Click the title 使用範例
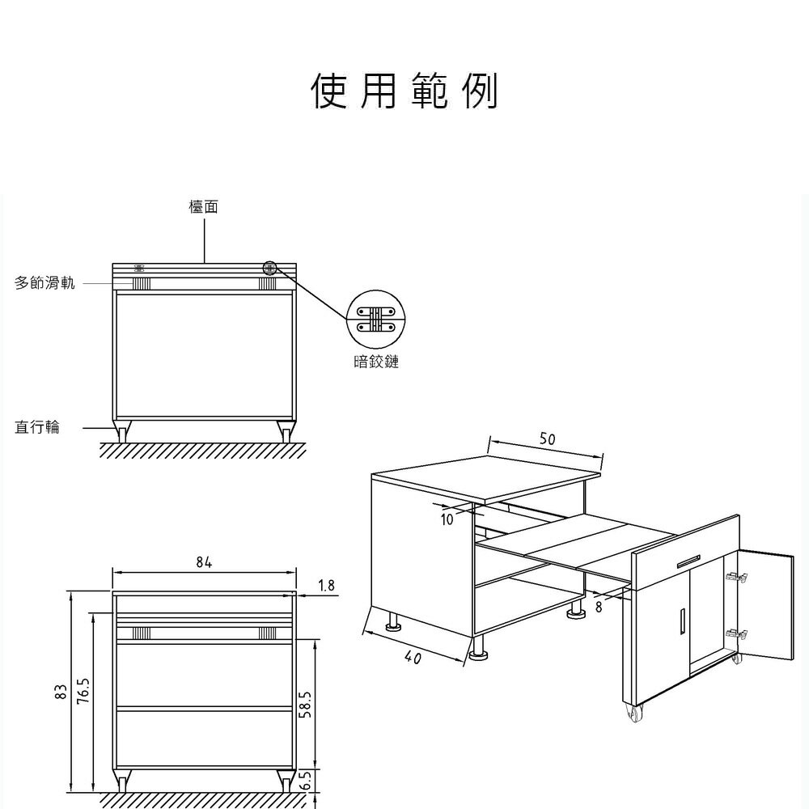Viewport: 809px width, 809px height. [x=404, y=91]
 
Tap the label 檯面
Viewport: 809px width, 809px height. [x=204, y=207]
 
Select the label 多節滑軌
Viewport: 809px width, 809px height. [x=44, y=282]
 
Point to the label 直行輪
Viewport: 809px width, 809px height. [x=37, y=427]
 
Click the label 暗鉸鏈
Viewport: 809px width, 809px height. [x=376, y=361]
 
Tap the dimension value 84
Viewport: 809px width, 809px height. [x=204, y=562]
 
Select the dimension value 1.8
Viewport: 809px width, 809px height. [x=326, y=585]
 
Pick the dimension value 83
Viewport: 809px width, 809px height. [x=61, y=692]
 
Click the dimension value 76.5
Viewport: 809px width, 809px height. [x=84, y=690]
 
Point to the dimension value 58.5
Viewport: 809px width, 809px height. [x=306, y=705]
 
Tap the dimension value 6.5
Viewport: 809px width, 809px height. [x=306, y=781]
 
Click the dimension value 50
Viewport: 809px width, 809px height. [x=548, y=439]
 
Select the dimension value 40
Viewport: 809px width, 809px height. [x=413, y=658]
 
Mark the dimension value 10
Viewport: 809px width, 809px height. [x=447, y=519]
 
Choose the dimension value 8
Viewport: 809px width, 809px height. [x=599, y=608]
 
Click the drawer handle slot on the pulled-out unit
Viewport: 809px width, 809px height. [x=688, y=561]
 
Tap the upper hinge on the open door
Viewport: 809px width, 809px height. [x=736, y=578]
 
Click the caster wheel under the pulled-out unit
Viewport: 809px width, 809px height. [x=634, y=713]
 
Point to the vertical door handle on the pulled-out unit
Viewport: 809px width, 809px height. [x=682, y=620]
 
